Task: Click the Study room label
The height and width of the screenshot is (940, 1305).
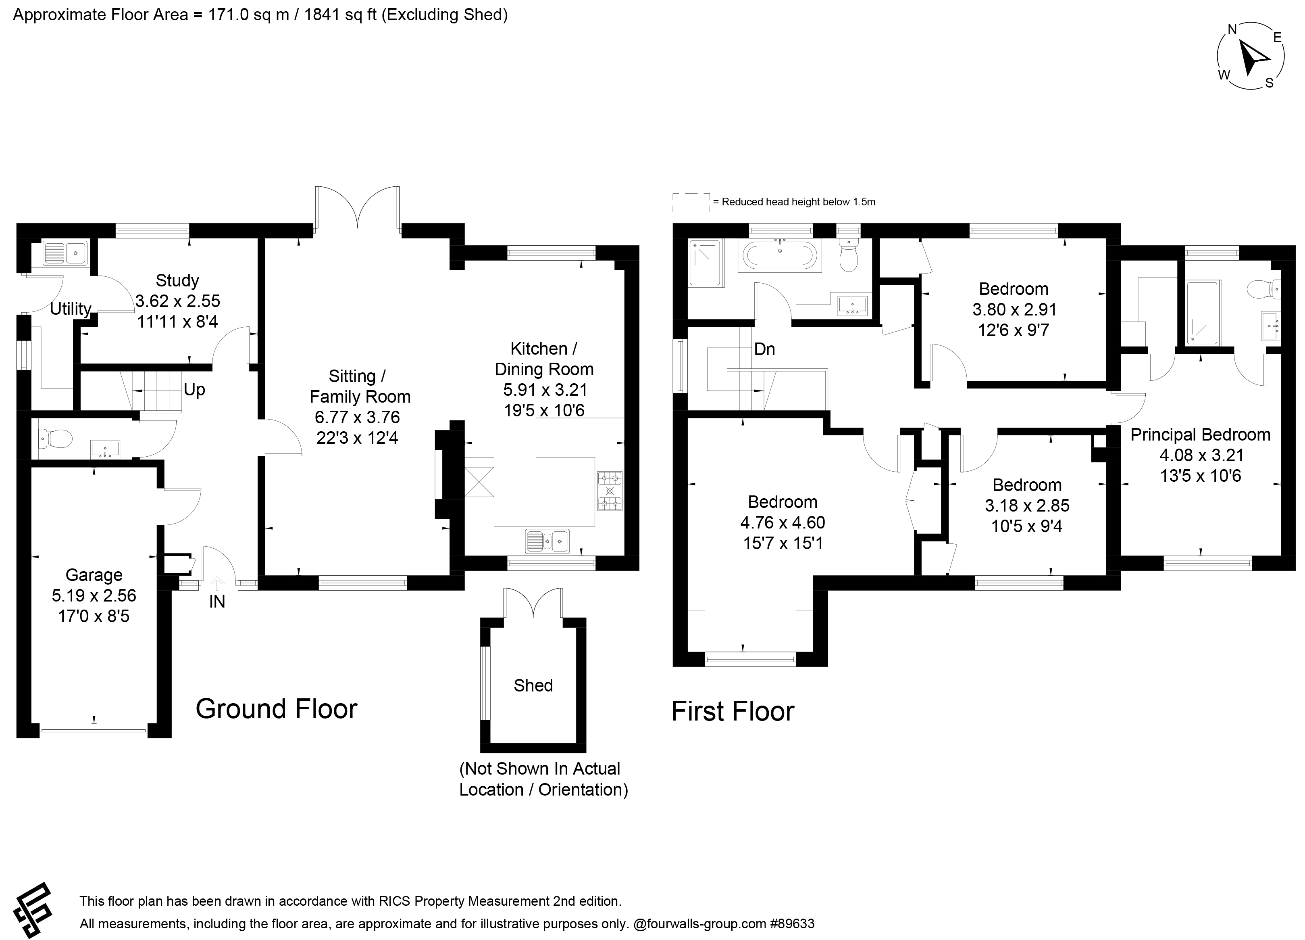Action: tap(177, 281)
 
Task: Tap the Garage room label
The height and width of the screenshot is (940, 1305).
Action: tap(94, 575)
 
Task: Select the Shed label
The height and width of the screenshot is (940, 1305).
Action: tap(533, 685)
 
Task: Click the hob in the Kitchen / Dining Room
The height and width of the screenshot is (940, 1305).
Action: tap(610, 491)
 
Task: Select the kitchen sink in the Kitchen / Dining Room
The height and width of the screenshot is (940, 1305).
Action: tap(547, 541)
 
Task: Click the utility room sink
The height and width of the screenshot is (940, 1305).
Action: tap(66, 253)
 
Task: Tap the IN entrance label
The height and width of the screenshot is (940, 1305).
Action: tap(217, 602)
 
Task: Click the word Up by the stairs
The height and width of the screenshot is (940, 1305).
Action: tap(194, 390)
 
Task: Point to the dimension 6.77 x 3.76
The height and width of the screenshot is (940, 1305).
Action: tap(357, 417)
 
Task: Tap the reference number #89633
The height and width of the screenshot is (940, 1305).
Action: tap(792, 924)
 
